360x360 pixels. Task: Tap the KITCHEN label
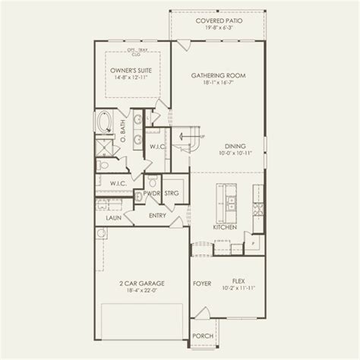(x=226, y=227)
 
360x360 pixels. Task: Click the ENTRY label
(x=158, y=216)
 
